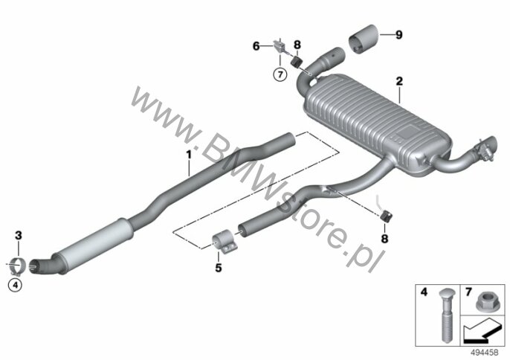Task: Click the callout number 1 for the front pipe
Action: pos(189,154)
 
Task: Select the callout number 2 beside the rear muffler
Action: pos(399,81)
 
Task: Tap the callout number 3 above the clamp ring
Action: pos(18,235)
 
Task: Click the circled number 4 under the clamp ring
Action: pos(15,285)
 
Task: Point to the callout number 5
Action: pos(219,268)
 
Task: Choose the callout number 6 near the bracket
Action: pos(256,46)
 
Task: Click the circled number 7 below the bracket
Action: pos(280,75)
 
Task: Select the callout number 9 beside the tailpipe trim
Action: pos(398,34)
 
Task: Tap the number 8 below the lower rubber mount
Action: pos(384,239)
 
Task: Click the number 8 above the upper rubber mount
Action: pos(297,45)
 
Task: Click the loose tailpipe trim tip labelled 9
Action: pos(364,39)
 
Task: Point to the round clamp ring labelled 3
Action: pos(18,266)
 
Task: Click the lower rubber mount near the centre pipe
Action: pos(386,216)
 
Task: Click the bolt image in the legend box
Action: pos(445,315)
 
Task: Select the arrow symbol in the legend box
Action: pos(482,331)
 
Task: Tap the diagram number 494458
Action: pos(485,352)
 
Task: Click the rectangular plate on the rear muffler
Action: pos(407,132)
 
